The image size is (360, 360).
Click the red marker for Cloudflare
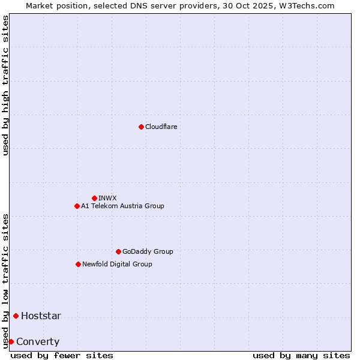141,127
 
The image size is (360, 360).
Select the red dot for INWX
94,198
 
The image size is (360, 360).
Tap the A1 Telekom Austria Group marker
77,206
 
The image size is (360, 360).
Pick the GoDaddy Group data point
118,251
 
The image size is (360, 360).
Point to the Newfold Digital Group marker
78,264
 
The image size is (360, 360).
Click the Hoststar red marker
16,316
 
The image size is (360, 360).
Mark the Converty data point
11,341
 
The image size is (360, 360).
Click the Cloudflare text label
161,127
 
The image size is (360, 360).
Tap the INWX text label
107,198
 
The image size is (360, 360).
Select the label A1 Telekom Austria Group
122,206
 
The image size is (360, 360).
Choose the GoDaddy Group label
148,251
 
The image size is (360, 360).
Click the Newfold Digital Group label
117,264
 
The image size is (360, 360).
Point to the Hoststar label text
41,316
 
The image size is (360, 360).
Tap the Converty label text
38,342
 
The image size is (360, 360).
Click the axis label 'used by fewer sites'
62,355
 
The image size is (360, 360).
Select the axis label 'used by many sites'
301,355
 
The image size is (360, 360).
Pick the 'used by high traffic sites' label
5,85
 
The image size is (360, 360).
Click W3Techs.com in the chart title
310,5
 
